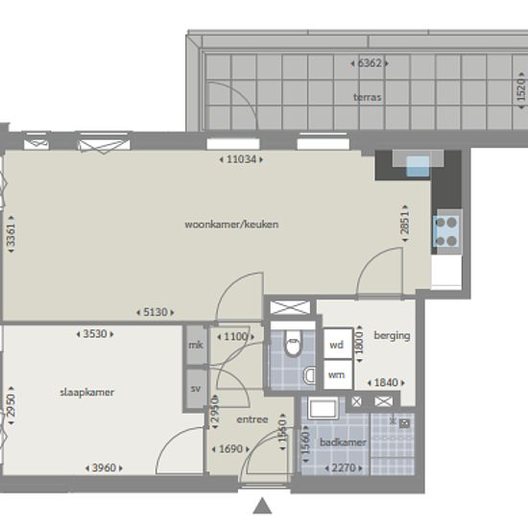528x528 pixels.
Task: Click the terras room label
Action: pyautogui.click(x=368, y=97)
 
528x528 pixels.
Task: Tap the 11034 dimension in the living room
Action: pyautogui.click(x=241, y=159)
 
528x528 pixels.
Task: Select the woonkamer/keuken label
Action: pyautogui.click(x=231, y=225)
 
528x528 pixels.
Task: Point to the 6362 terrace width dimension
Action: pyautogui.click(x=370, y=63)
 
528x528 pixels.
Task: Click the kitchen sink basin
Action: pyautogui.click(x=418, y=166)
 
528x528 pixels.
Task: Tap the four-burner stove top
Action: pyautogui.click(x=445, y=231)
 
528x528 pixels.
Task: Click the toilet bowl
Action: pyautogui.click(x=293, y=344)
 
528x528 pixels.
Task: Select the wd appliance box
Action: pyautogui.click(x=338, y=344)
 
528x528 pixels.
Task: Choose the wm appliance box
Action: pyautogui.click(x=338, y=374)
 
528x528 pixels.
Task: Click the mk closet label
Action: pyautogui.click(x=196, y=345)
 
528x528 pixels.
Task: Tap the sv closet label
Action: pyautogui.click(x=196, y=389)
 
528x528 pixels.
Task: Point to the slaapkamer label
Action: pyautogui.click(x=86, y=393)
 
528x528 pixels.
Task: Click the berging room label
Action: pyautogui.click(x=392, y=336)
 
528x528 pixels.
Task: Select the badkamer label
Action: pyautogui.click(x=343, y=443)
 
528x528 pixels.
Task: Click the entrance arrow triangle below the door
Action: pyautogui.click(x=262, y=506)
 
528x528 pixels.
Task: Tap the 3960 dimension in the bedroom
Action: pyautogui.click(x=104, y=468)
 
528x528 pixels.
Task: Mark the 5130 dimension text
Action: pyautogui.click(x=156, y=312)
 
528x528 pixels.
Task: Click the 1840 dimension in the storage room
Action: pyautogui.click(x=386, y=382)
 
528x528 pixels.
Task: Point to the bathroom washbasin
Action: pyautogui.click(x=324, y=409)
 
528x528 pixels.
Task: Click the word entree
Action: pyautogui.click(x=252, y=420)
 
